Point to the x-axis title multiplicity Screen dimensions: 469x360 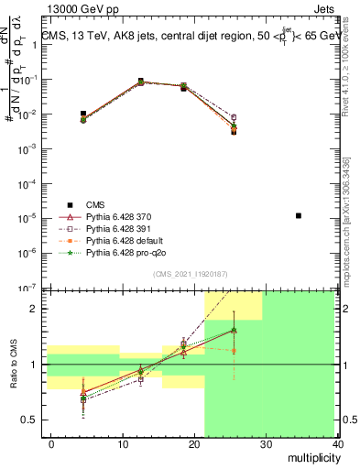pos(313,456)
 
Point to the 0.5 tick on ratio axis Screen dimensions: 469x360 pos(32,420)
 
